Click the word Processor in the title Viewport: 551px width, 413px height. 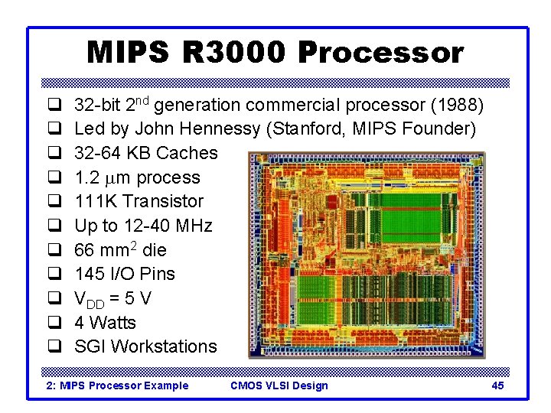[380, 53]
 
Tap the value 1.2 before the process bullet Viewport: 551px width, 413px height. [86, 177]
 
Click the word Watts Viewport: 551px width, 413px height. [112, 323]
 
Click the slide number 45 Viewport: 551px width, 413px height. [497, 385]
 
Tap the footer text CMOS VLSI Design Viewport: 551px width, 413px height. [279, 385]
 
